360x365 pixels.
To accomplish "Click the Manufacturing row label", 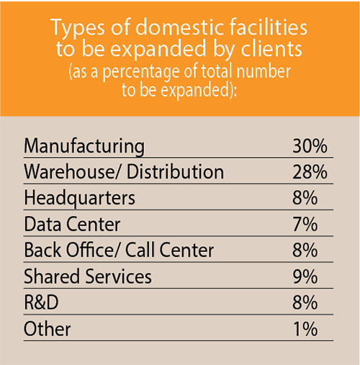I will coord(84,146).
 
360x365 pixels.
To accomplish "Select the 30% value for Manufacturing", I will coord(310,146).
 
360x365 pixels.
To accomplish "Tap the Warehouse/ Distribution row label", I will coord(124,172).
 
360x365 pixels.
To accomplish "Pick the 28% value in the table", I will coord(310,172).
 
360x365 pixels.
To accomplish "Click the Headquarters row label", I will coord(79,198).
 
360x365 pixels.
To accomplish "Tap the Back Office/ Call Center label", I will coord(119,251).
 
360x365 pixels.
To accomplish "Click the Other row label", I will coord(48,329).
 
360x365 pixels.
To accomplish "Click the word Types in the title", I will coord(77,30).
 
